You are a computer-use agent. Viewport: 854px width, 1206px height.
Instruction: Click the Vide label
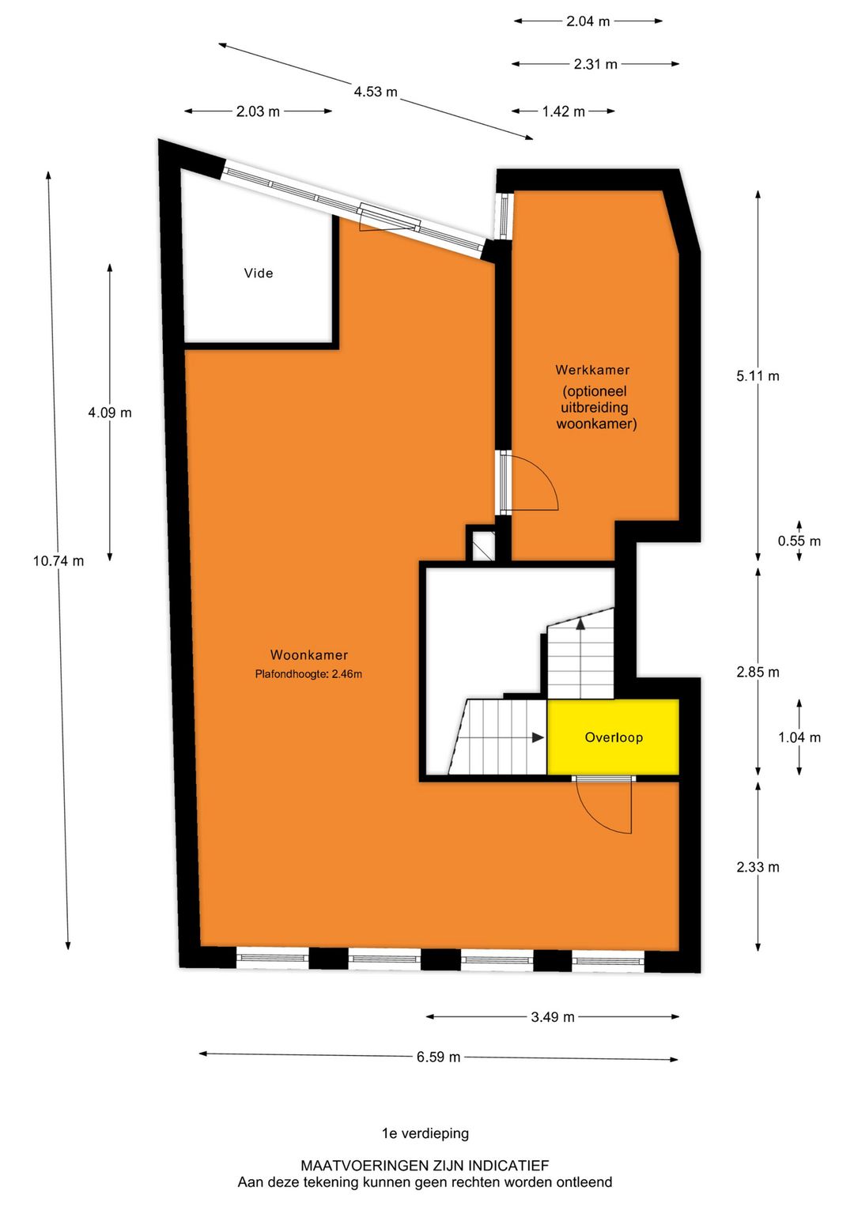258,273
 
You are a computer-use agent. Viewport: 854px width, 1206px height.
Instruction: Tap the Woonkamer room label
308,654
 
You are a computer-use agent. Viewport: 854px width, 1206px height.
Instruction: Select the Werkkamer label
592,370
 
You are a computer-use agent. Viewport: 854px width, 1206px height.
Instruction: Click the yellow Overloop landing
613,737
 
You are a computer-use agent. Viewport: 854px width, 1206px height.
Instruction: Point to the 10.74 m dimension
59,561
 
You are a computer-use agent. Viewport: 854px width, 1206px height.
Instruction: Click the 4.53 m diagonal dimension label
376,92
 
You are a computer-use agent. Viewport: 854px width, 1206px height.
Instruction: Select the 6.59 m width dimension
438,1057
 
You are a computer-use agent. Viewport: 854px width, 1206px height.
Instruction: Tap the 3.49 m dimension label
553,1016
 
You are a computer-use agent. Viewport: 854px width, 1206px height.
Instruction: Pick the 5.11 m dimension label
758,376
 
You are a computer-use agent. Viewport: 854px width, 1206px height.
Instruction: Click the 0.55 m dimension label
799,541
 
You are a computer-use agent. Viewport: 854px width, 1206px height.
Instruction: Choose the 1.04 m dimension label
799,737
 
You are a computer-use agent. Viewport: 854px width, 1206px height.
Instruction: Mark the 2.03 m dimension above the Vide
258,111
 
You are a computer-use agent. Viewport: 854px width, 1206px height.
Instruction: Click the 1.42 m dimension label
563,111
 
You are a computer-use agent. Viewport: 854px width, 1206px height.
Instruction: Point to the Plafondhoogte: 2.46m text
308,673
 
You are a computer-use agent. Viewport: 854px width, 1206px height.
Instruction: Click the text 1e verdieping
425,1133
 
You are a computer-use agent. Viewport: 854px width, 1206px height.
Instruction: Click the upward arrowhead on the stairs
580,624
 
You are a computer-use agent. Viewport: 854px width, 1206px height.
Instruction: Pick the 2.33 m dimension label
758,866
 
